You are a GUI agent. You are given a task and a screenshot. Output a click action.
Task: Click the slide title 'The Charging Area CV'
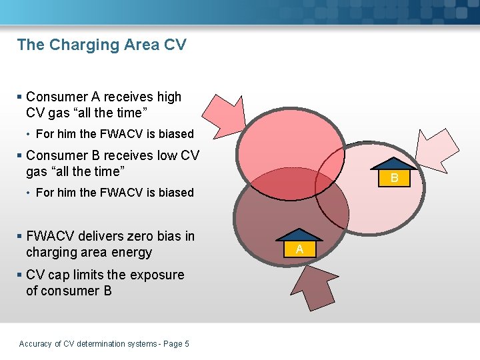(101, 45)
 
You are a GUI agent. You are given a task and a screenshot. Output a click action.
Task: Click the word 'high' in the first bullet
(167, 97)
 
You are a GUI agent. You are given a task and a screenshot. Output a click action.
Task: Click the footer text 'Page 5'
(176, 343)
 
